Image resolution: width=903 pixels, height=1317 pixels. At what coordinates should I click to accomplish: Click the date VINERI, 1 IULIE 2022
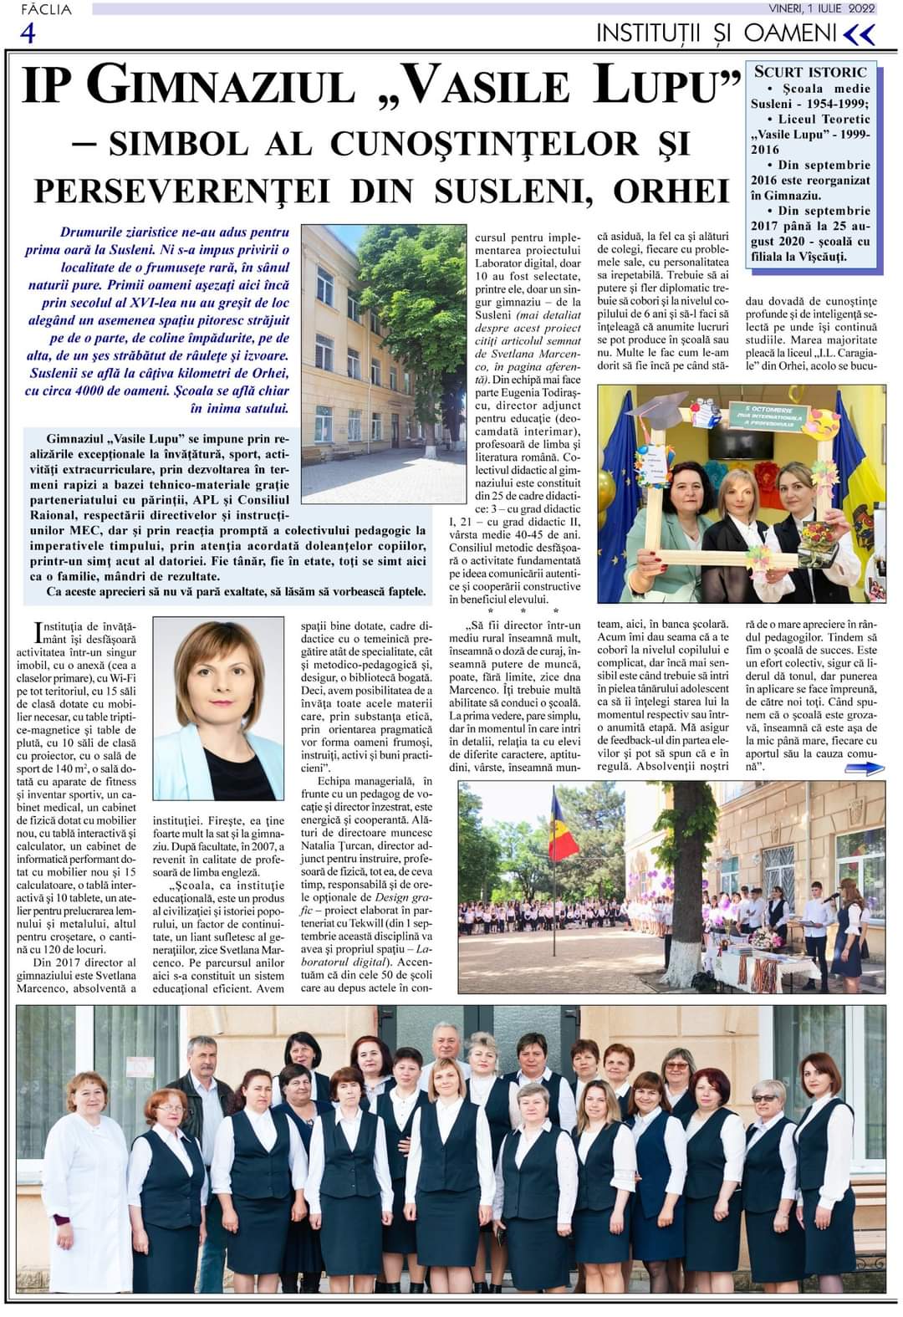point(823,8)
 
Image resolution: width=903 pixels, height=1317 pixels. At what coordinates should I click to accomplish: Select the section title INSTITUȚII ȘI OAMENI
point(716,33)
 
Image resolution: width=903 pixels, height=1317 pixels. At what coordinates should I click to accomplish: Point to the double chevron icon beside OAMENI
point(860,34)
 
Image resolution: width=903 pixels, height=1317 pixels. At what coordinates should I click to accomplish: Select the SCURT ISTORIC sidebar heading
point(810,72)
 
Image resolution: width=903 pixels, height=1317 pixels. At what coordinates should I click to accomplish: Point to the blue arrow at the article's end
point(864,768)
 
